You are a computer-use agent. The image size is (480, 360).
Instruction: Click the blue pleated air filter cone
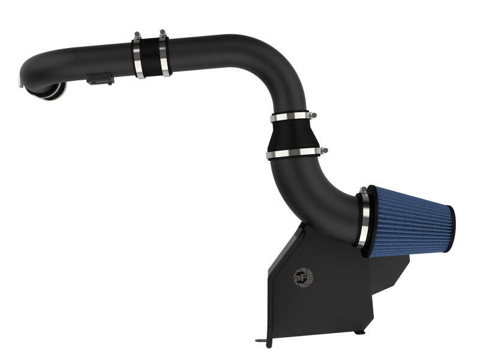tap(408, 221)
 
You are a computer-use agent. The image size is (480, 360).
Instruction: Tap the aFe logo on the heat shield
tap(302, 277)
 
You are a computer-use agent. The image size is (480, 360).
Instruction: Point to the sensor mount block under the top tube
tap(99, 79)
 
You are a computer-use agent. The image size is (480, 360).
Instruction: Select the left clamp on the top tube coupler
tap(139, 59)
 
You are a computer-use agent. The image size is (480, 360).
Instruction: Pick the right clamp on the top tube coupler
tap(164, 56)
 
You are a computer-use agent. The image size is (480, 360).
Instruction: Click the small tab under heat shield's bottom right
tap(358, 331)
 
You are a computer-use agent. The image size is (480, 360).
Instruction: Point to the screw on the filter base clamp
tap(362, 191)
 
